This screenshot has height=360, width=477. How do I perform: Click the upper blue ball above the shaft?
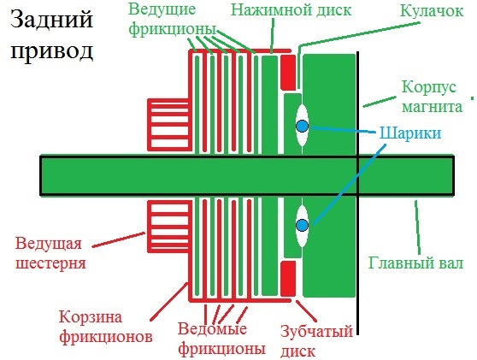[302, 127]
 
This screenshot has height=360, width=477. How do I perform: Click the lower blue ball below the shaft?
[302, 225]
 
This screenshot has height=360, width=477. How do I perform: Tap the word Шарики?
[410, 133]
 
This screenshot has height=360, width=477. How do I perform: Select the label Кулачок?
[432, 11]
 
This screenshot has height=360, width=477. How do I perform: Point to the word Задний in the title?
[51, 19]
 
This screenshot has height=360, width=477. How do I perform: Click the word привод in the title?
[51, 50]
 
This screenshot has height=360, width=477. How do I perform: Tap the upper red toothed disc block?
[288, 73]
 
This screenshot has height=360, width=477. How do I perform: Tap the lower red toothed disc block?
[288, 279]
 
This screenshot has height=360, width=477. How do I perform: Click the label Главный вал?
[415, 263]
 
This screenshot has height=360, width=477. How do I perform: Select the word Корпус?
[429, 87]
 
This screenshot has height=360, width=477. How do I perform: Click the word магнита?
[432, 107]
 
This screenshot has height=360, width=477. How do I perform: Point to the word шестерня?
[50, 263]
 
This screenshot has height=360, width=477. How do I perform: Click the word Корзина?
[91, 317]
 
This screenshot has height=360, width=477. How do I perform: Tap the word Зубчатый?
[316, 331]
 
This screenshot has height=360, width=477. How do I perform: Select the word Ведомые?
[212, 329]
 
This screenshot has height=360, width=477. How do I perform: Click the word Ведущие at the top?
[162, 9]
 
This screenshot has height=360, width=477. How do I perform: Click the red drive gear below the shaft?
[169, 227]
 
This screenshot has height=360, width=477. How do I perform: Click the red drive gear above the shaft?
[169, 125]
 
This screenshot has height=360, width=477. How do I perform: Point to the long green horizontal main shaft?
[247, 175]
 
